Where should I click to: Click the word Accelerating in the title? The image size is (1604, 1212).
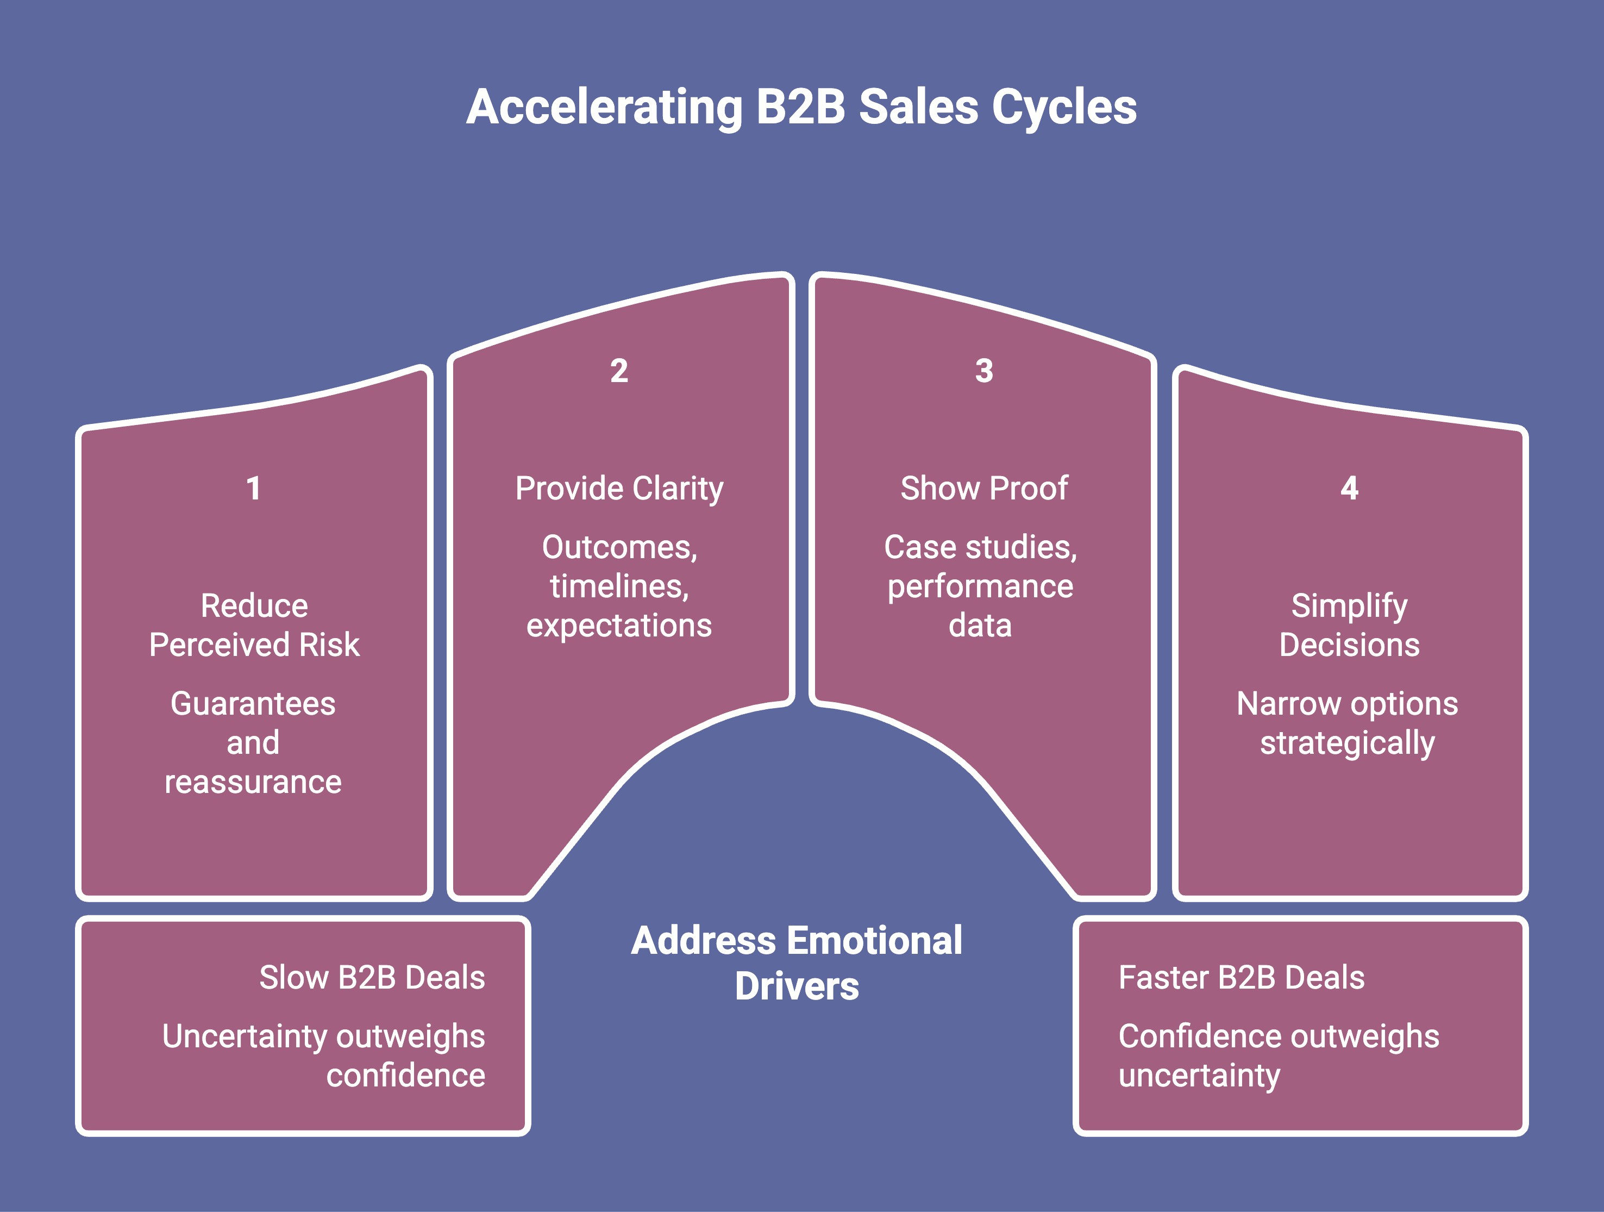click(604, 108)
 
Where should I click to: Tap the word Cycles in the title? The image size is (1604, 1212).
click(1064, 108)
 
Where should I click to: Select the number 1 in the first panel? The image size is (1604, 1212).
click(253, 488)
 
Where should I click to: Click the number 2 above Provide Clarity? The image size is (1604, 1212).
click(618, 371)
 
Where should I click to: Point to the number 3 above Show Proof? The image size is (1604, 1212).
click(984, 371)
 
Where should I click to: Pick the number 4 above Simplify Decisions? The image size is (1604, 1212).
click(1349, 488)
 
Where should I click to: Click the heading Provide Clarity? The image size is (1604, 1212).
click(618, 488)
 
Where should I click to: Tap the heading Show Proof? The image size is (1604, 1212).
click(984, 488)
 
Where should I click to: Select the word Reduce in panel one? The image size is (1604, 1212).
click(254, 605)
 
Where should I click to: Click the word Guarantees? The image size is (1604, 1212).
click(253, 703)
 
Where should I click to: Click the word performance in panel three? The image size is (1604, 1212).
click(980, 586)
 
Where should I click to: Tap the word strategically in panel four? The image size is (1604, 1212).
click(1348, 744)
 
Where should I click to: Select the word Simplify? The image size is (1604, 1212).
click(1349, 605)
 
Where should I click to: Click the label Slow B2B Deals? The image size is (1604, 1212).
click(372, 978)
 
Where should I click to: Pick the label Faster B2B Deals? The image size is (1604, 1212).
click(1242, 978)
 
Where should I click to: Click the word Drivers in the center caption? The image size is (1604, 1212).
click(797, 986)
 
